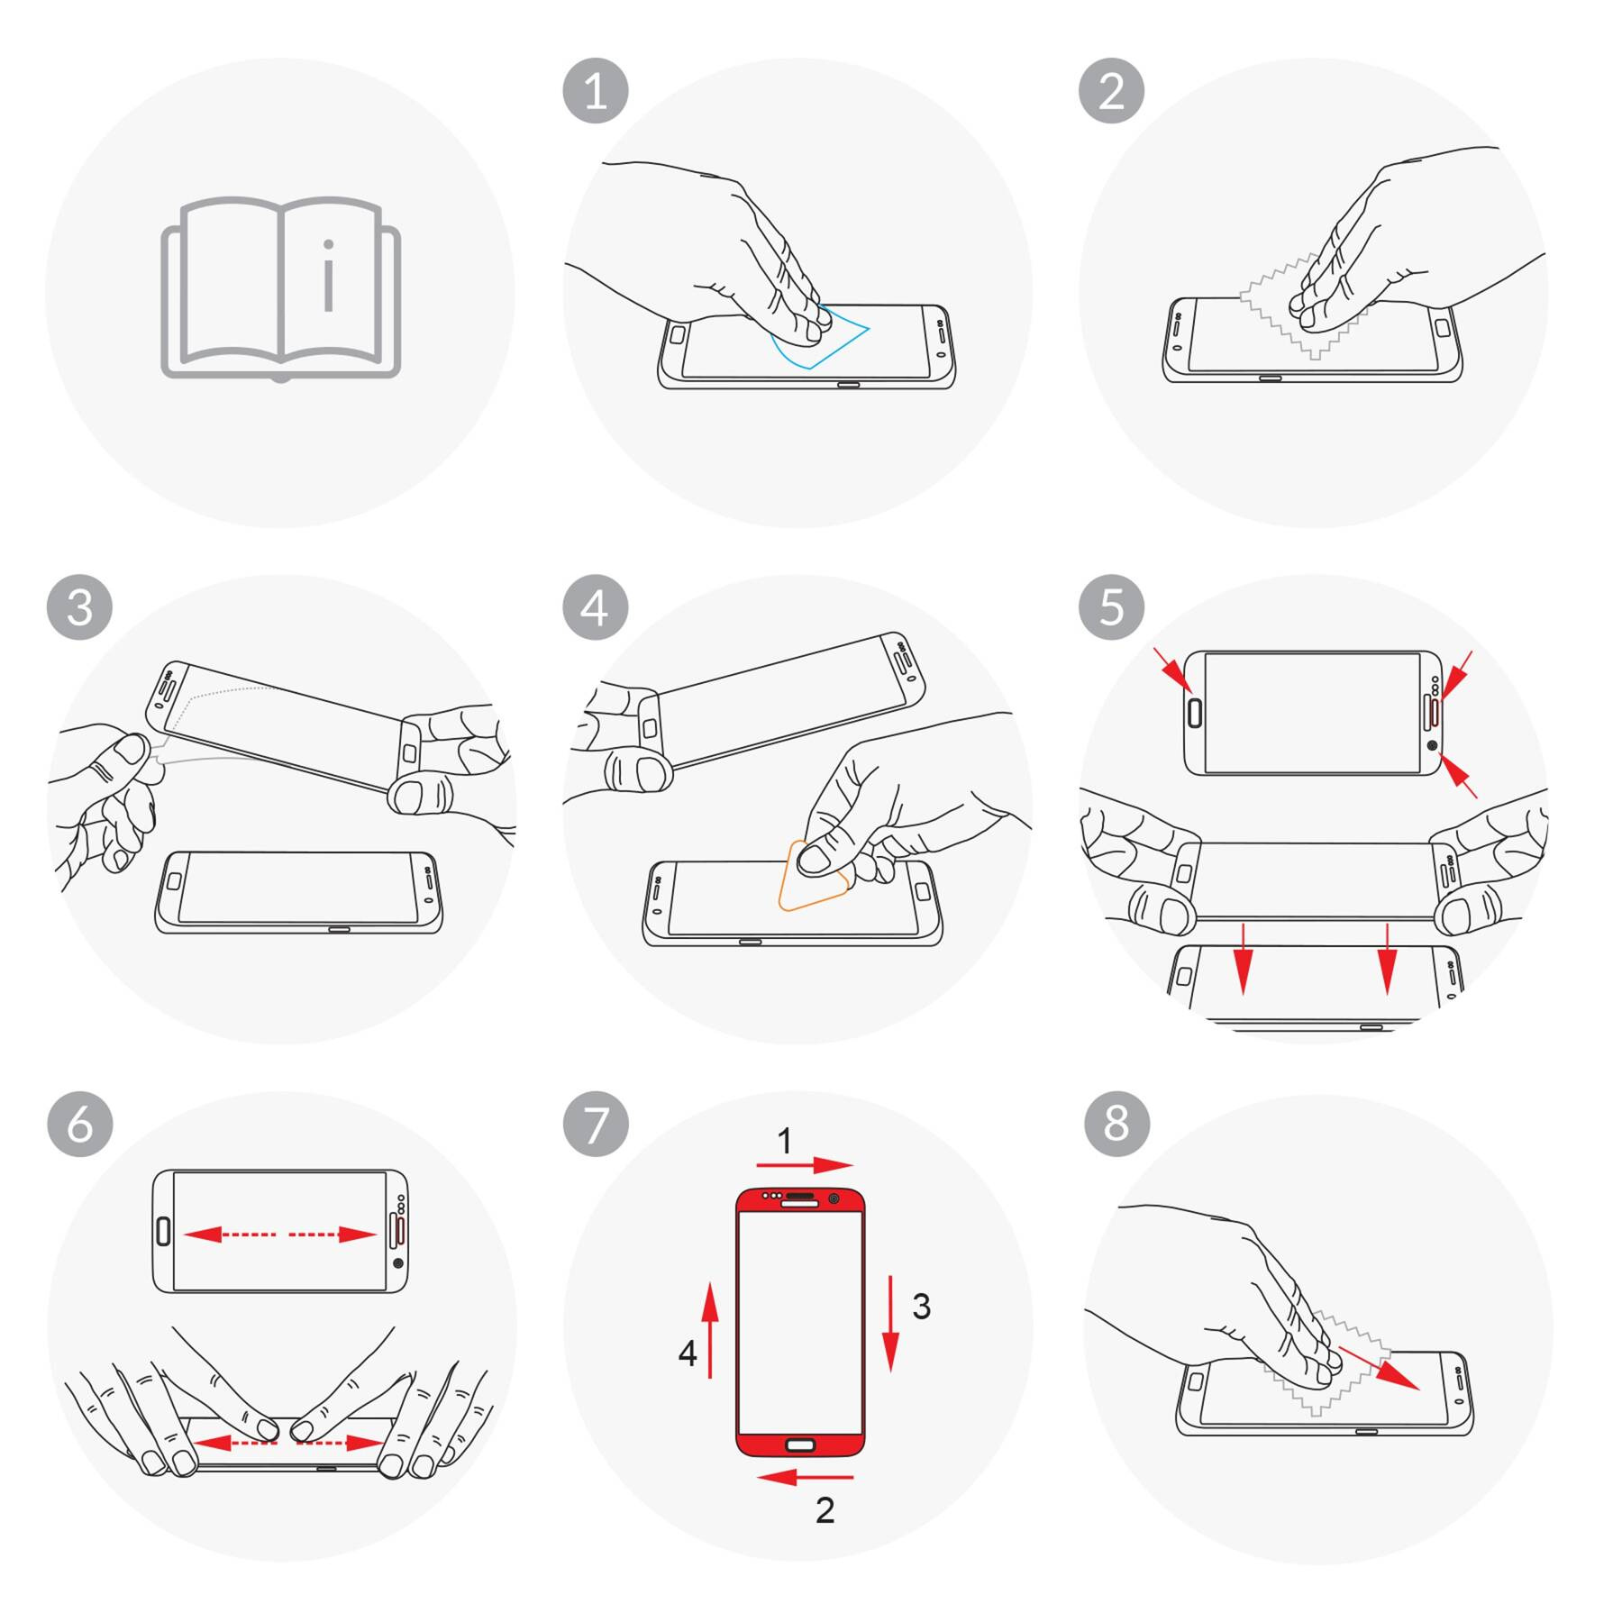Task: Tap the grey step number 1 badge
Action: click(596, 91)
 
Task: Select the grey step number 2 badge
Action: click(1112, 91)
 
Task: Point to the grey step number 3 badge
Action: click(80, 607)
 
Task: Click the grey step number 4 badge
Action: click(596, 607)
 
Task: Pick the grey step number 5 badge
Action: click(1112, 607)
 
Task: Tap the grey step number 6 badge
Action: click(80, 1124)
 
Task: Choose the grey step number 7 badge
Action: click(596, 1124)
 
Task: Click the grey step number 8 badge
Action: click(1116, 1124)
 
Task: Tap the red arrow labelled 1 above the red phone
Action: click(805, 1165)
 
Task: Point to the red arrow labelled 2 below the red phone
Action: click(805, 1477)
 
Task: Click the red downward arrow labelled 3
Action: click(891, 1324)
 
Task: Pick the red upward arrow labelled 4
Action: click(710, 1330)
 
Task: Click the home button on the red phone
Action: click(800, 1445)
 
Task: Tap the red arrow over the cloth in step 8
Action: click(1379, 1369)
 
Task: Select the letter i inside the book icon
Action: click(329, 275)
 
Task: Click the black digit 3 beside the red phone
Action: click(921, 1307)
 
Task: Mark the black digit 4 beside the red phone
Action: click(688, 1353)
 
